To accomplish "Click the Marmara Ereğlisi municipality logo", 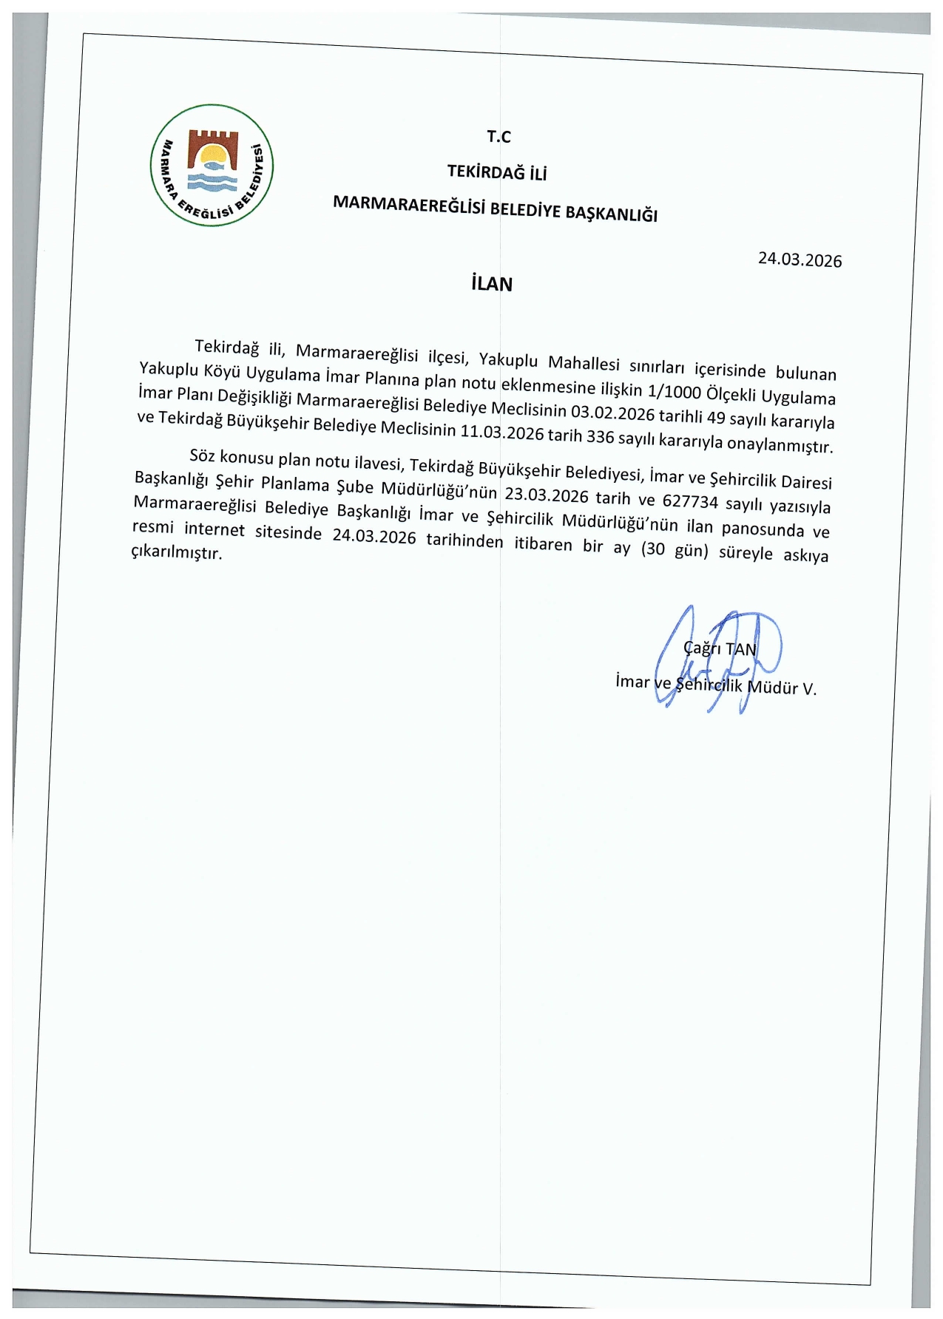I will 212,166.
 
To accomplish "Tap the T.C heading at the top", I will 498,137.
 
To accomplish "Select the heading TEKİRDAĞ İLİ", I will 497,173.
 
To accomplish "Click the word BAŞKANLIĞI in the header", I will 611,213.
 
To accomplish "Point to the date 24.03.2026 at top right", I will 800,260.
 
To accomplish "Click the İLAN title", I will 492,284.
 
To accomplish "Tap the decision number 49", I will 716,418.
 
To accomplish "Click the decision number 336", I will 600,436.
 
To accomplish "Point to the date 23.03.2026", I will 547,495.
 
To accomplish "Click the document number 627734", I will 690,502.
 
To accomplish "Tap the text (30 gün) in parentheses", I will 675,549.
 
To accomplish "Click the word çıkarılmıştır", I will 176,552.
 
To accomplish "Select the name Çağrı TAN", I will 720,648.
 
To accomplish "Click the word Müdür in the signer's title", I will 773,687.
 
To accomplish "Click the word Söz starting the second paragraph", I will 202,455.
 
